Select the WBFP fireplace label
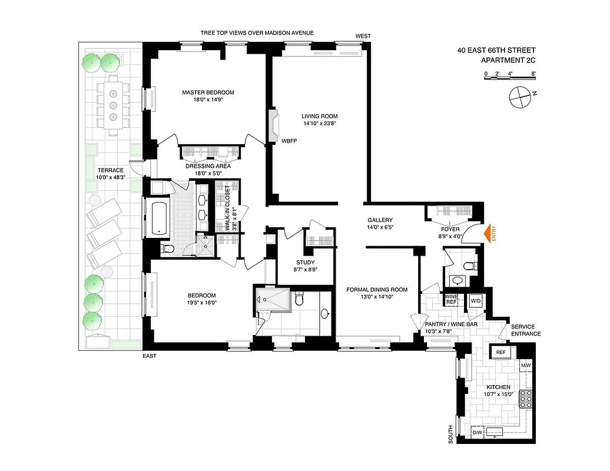pyautogui.click(x=289, y=141)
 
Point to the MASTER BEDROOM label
pyautogui.click(x=208, y=92)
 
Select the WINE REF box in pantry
pyautogui.click(x=451, y=299)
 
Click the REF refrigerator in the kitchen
pyautogui.click(x=500, y=353)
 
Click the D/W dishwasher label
pyautogui.click(x=478, y=433)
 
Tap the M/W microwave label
pyautogui.click(x=525, y=366)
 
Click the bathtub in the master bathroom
pyautogui.click(x=158, y=218)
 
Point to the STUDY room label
pyautogui.click(x=305, y=263)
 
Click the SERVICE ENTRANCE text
pyautogui.click(x=526, y=330)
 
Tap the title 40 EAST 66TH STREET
pyautogui.click(x=496, y=51)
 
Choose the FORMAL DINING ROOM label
pyautogui.click(x=377, y=289)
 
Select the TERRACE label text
pyautogui.click(x=111, y=170)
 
